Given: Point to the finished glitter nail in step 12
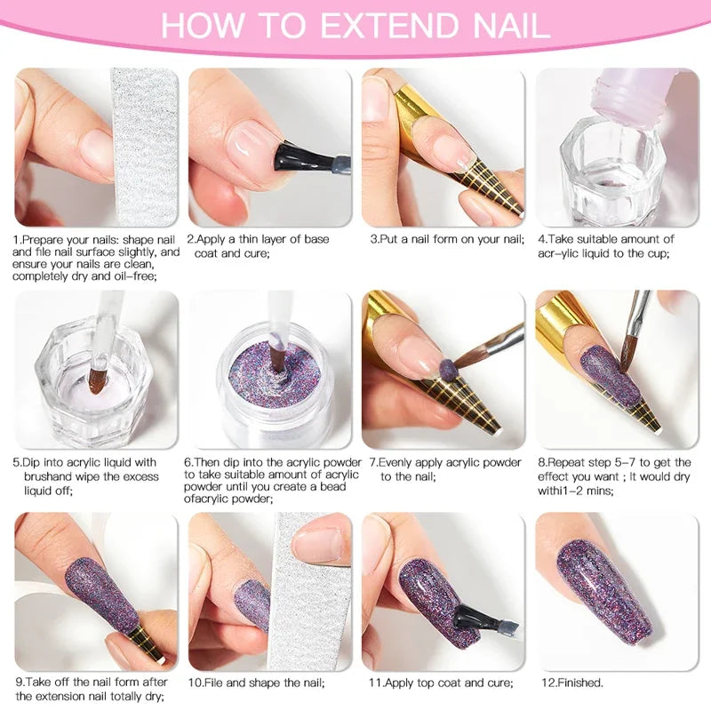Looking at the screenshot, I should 613,587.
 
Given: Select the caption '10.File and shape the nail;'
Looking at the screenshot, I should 255,683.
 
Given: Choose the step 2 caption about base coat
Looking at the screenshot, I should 257,246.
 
